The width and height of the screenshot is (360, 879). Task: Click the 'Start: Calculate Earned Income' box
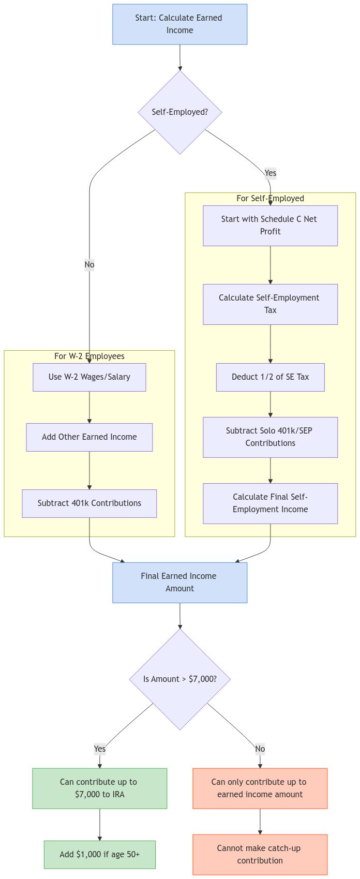[x=180, y=24]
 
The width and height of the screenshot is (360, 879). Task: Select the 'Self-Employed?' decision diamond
[x=180, y=112]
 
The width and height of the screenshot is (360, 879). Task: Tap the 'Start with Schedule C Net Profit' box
[x=270, y=226]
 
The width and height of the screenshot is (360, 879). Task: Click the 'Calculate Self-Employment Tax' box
[x=270, y=304]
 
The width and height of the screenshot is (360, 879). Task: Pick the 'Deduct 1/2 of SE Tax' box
[x=270, y=377]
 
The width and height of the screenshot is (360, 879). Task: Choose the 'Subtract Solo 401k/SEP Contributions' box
[x=270, y=437]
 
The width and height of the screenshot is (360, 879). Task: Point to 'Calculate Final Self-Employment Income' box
[x=270, y=503]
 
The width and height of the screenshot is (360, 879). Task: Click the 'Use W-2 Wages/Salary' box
[x=89, y=377]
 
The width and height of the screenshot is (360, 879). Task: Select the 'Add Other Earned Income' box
[x=89, y=437]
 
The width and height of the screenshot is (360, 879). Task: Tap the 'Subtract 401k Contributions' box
[x=89, y=503]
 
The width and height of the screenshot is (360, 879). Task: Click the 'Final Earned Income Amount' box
[x=180, y=583]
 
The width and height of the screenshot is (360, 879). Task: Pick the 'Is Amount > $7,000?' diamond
[x=180, y=679]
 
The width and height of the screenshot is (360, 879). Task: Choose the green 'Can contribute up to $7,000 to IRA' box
[x=100, y=788]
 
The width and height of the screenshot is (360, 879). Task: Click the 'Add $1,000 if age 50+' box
[x=100, y=855]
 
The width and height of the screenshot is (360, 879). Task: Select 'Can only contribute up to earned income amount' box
[x=260, y=788]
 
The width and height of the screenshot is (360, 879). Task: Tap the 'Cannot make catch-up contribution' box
[x=260, y=855]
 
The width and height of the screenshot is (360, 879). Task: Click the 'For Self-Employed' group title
[x=270, y=199]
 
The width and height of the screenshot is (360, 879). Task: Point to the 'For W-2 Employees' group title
[x=89, y=356]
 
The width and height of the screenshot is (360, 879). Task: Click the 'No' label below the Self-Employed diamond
[x=89, y=265]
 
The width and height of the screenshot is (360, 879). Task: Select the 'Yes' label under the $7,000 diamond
[x=100, y=749]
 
